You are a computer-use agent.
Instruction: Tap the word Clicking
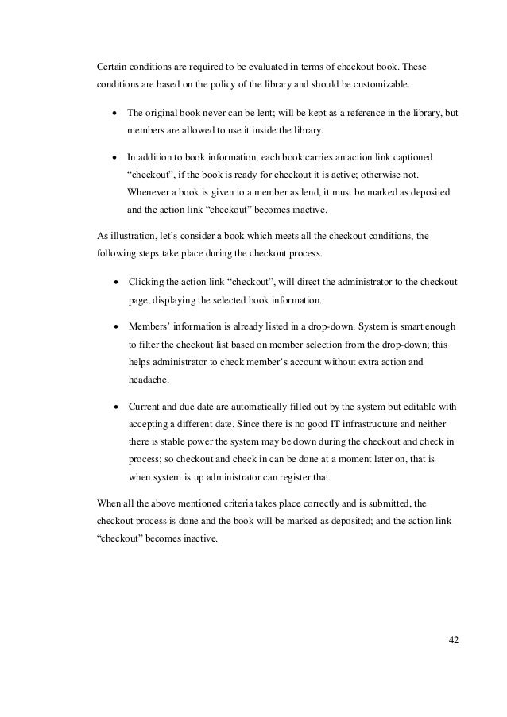tap(145, 282)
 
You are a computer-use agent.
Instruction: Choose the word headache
tap(145, 380)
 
